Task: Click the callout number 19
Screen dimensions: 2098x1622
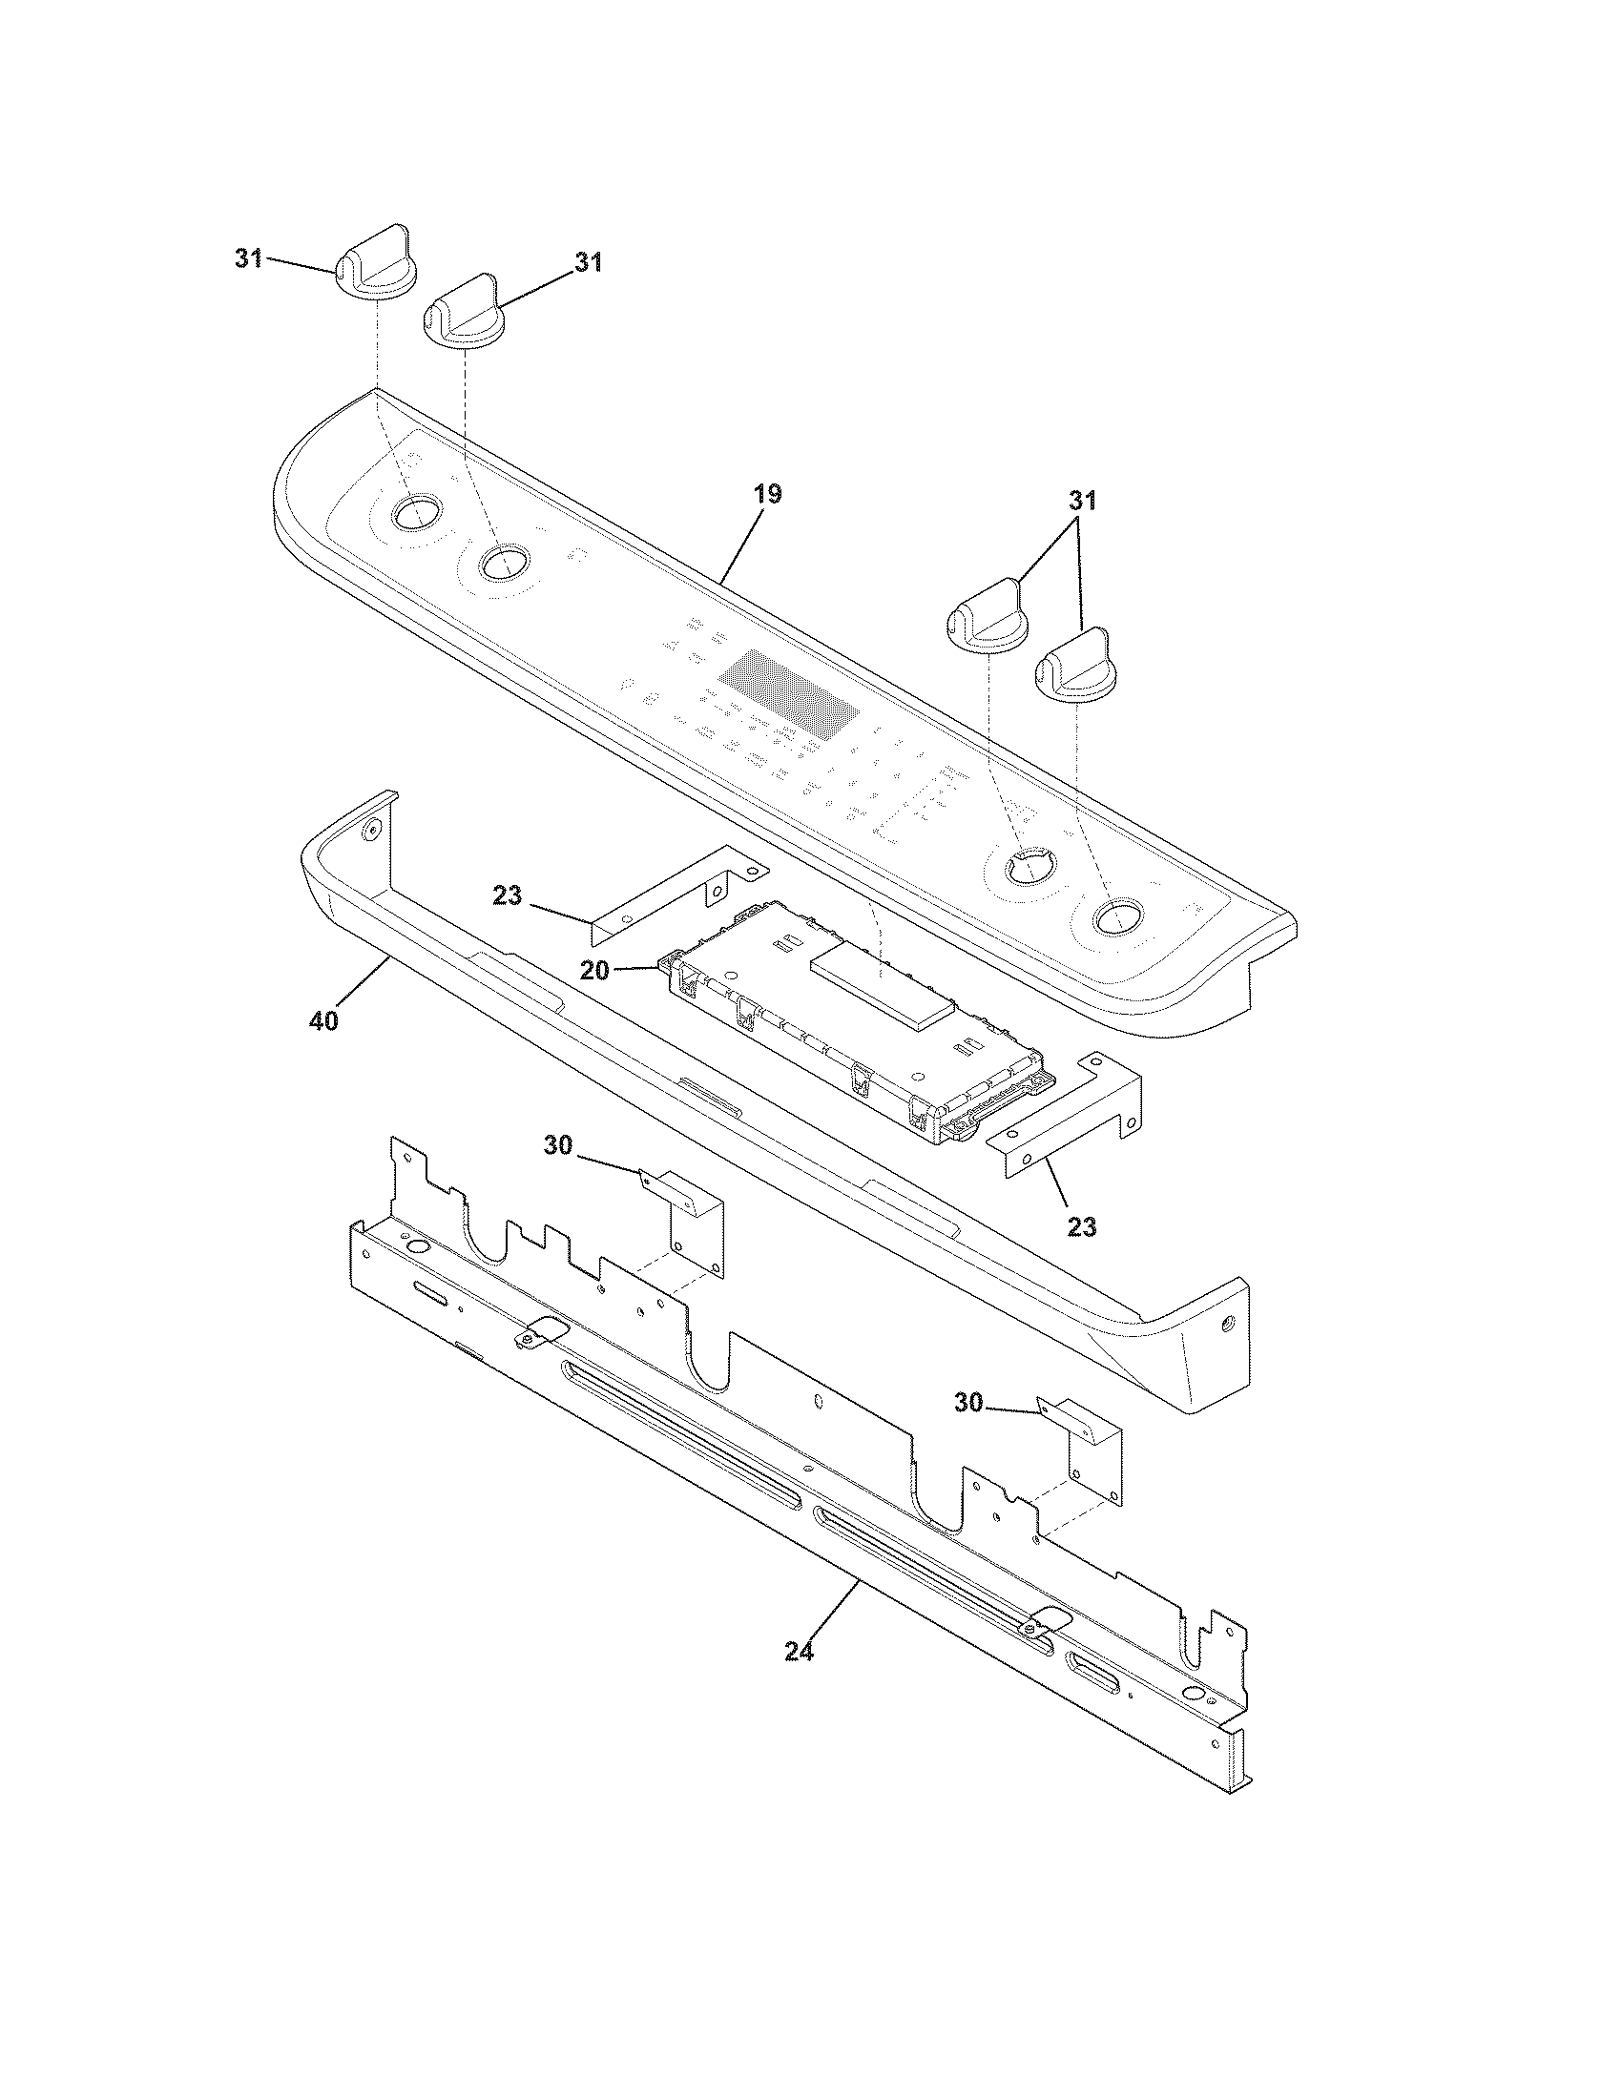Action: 767,495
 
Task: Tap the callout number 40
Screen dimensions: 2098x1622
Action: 323,1021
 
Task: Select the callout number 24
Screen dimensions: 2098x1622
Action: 800,1652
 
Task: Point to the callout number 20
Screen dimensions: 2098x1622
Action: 594,971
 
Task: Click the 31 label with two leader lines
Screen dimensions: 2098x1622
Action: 1082,501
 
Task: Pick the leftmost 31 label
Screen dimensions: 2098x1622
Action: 249,258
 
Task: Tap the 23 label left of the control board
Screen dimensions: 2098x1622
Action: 507,896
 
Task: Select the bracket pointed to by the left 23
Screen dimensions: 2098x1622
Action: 673,889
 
